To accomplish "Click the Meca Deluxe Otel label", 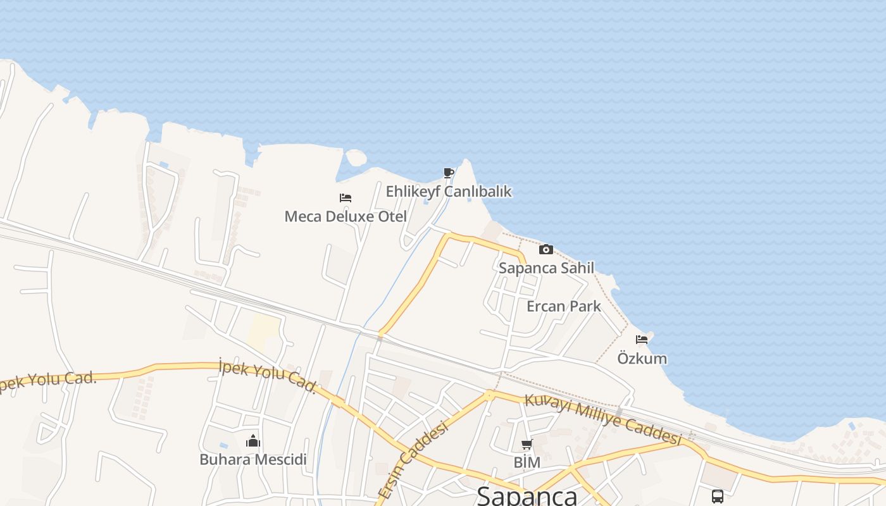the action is click(345, 216).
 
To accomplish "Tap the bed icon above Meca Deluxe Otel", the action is click(345, 198).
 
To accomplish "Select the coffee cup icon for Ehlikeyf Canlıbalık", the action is click(449, 173).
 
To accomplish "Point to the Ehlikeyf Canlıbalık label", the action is click(449, 191).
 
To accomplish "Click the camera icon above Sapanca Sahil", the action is click(546, 249).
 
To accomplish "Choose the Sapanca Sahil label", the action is click(546, 268).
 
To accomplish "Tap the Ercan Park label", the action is click(563, 306).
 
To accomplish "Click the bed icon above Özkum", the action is click(642, 340).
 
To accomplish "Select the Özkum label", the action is click(642, 359).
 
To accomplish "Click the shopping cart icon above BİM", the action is click(527, 444).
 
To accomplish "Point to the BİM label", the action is click(527, 462).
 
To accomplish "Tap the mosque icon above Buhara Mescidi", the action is click(253, 441).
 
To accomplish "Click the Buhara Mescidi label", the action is click(253, 459).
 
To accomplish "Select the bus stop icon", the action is click(717, 497).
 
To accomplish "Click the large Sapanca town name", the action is click(527, 496).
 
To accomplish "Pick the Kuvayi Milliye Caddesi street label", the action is click(602, 420).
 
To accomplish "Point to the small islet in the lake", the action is click(356, 157).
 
